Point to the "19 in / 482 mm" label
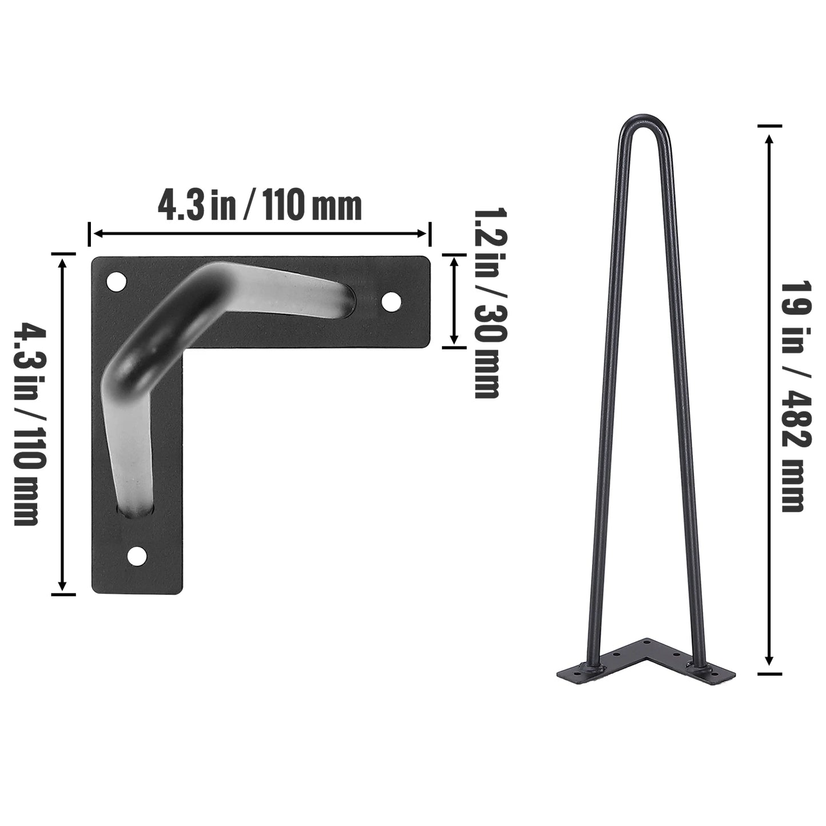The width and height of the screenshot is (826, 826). [x=792, y=396]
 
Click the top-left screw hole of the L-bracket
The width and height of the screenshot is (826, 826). [x=117, y=282]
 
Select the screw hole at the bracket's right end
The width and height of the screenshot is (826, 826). [x=391, y=301]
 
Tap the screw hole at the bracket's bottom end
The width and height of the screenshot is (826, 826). [x=137, y=555]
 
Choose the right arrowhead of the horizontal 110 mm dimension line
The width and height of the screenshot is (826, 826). [x=422, y=233]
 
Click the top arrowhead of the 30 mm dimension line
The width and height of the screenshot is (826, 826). [x=454, y=261]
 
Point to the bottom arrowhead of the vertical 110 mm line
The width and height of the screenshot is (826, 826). [x=63, y=585]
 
